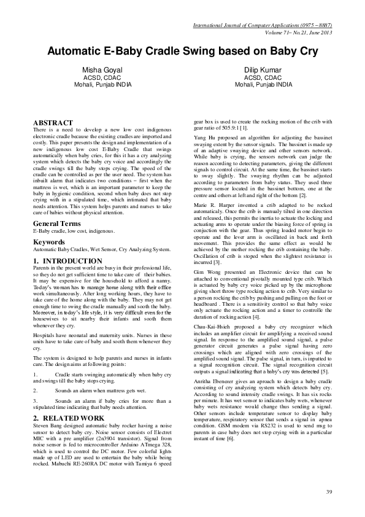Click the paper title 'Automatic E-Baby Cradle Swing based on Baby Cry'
[182, 52]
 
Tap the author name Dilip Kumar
[263, 71]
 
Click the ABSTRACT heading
[53, 123]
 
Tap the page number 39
[328, 492]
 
